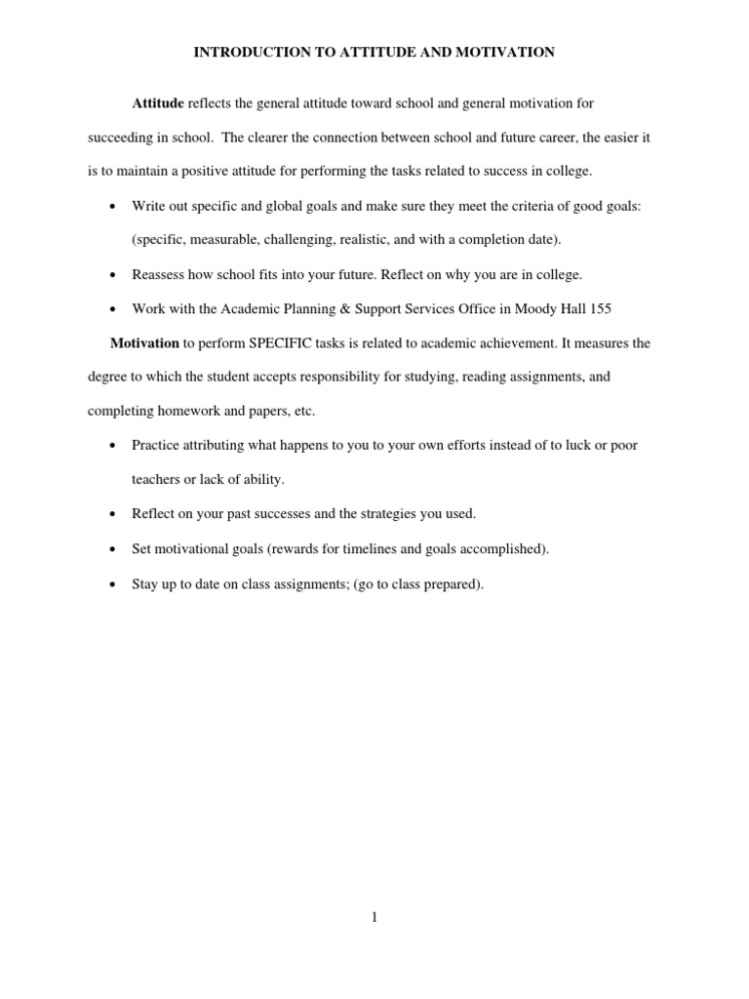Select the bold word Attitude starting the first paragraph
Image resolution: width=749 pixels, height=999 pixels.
pyautogui.click(x=158, y=103)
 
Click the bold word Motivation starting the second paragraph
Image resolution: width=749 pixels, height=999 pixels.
pyautogui.click(x=144, y=343)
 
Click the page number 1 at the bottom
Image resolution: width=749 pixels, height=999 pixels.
pyautogui.click(x=374, y=917)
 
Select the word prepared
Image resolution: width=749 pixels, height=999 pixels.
pyautogui.click(x=452, y=584)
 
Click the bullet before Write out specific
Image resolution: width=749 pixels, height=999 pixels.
pyautogui.click(x=113, y=206)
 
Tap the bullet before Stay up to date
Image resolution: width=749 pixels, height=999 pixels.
pyautogui.click(x=113, y=584)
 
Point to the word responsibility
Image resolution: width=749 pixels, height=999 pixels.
pyautogui.click(x=354, y=377)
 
